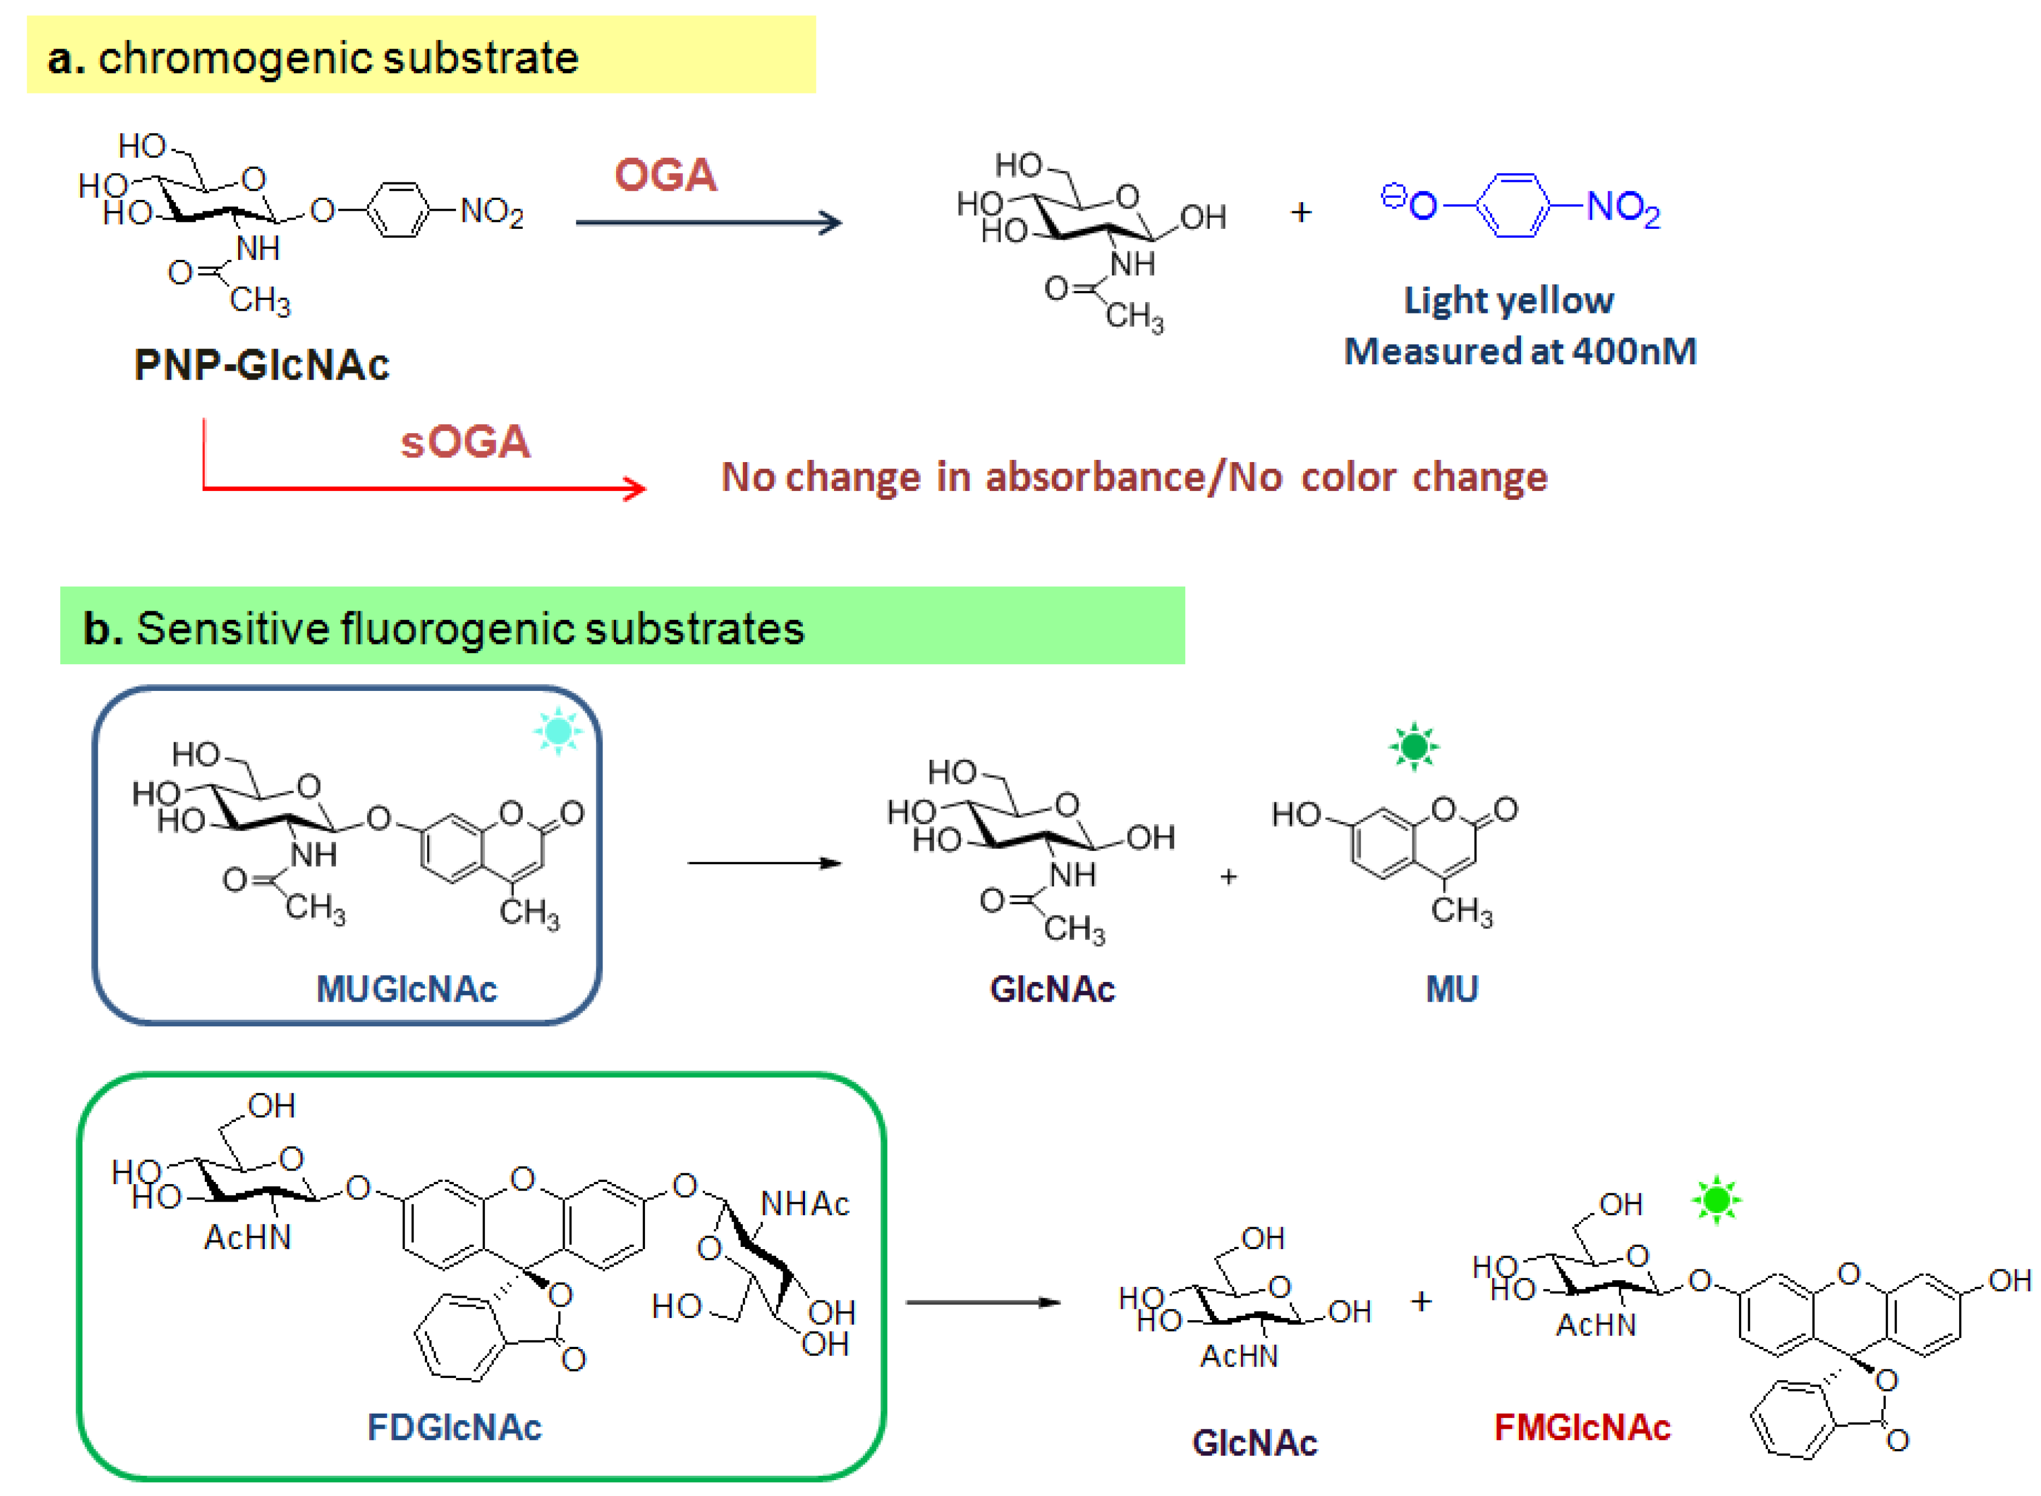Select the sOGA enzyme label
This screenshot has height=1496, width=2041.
[465, 442]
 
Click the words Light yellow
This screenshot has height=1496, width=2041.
[1508, 300]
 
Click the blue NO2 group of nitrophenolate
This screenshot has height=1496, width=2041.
[1623, 208]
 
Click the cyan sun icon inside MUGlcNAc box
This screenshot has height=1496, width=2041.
[558, 731]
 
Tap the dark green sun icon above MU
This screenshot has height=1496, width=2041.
[1413, 747]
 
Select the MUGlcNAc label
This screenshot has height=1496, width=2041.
[406, 989]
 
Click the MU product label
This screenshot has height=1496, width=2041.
[1452, 989]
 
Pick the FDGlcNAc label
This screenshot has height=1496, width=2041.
[454, 1427]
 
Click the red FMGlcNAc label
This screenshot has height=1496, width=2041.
[1582, 1427]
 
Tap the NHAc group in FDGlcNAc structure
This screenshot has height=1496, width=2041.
[804, 1204]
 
